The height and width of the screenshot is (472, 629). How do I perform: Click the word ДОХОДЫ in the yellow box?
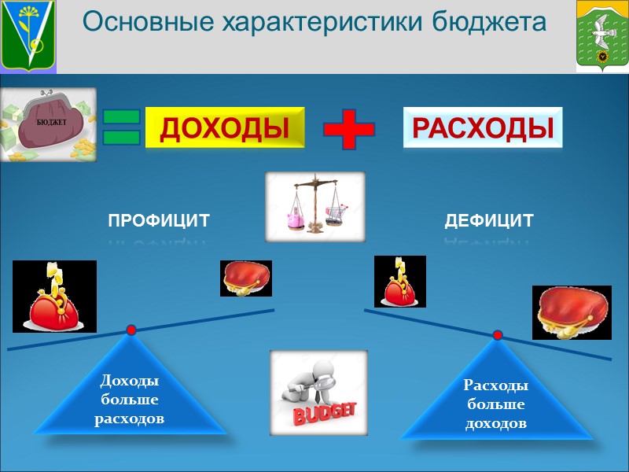click(223, 128)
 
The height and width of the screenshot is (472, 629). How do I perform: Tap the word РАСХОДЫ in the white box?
click(483, 128)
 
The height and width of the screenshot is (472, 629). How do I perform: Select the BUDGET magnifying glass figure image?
click(318, 392)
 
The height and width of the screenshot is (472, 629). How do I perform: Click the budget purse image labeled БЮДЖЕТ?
click(49, 124)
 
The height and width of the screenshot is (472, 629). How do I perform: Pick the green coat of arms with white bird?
click(602, 35)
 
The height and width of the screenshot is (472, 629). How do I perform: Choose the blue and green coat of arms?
click(29, 35)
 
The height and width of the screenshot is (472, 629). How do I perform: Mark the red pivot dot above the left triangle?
click(131, 330)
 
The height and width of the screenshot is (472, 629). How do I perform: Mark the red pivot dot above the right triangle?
click(498, 335)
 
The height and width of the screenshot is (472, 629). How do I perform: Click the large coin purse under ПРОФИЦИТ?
click(54, 297)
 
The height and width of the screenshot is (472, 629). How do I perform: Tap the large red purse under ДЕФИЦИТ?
click(572, 312)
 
